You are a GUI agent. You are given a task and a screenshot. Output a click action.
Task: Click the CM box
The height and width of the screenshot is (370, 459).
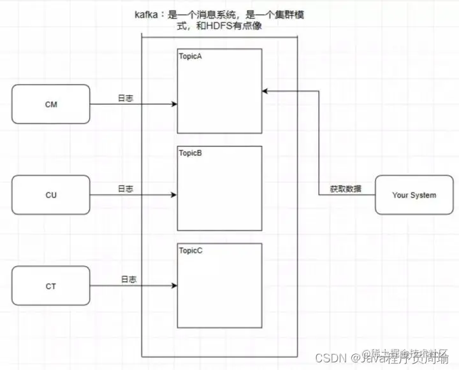pyautogui.click(x=51, y=104)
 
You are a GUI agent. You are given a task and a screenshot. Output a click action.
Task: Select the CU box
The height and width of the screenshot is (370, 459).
pyautogui.click(x=51, y=195)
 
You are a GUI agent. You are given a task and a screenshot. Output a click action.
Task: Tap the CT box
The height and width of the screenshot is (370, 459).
pyautogui.click(x=51, y=287)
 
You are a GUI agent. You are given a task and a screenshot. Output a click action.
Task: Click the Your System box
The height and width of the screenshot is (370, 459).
pyautogui.click(x=414, y=195)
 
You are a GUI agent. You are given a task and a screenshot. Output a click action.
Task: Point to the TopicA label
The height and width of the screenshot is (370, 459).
pyautogui.click(x=191, y=56)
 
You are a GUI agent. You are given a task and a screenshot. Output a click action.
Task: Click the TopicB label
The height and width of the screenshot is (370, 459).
pyautogui.click(x=191, y=153)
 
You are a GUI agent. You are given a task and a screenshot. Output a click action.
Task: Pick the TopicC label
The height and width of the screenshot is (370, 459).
pyautogui.click(x=191, y=250)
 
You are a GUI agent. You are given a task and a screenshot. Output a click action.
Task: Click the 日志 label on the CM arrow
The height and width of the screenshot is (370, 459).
pyautogui.click(x=126, y=99)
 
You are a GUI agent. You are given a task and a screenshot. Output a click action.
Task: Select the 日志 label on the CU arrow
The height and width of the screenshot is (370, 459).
pyautogui.click(x=126, y=189)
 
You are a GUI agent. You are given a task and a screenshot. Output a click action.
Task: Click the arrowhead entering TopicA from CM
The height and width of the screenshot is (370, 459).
pyautogui.click(x=173, y=104)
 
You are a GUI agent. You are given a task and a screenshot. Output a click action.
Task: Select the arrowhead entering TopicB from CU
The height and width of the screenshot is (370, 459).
pyautogui.click(x=173, y=195)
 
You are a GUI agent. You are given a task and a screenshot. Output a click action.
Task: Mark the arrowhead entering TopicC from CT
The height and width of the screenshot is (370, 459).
pyautogui.click(x=173, y=286)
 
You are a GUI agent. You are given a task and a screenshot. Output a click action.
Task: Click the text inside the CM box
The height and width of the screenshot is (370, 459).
pyautogui.click(x=51, y=104)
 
